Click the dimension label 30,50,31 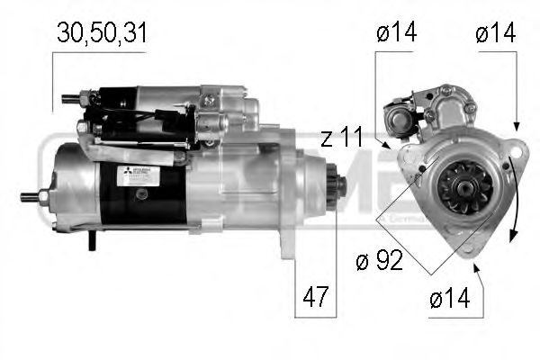pyautogui.click(x=102, y=33)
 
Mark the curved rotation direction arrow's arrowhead pyautogui.click(x=511, y=236)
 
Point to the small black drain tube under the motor pyautogui.click(x=92, y=241)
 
